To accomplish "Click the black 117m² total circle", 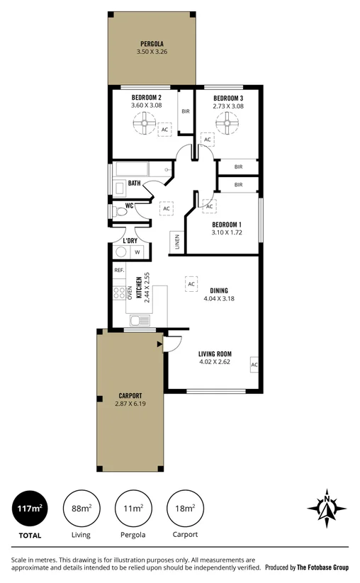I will coord(30,509).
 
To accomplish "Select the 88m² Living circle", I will coord(81,509).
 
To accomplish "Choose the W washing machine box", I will coord(137,252).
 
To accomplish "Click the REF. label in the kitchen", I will coord(119,271).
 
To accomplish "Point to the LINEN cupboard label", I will coord(176,242).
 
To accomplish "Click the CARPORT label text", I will coord(130,395).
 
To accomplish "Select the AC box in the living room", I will coord(254,366).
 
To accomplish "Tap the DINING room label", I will coord(220,290).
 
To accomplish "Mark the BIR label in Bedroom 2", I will coord(186,111).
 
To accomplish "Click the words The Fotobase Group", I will coord(322,567).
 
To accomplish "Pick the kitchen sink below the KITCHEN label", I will coord(139,320).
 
